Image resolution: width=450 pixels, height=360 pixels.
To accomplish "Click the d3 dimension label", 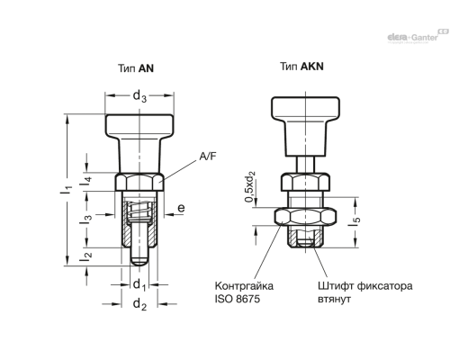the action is point(139,96).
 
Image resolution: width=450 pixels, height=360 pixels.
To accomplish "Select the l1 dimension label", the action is point(67,190).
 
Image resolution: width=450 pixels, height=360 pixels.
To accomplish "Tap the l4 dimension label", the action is point(85,182).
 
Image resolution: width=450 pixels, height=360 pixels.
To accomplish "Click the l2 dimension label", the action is point(85,256).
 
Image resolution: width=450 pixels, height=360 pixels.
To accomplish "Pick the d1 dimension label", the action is point(139,284).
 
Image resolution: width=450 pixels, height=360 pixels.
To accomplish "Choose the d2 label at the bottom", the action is point(139,304).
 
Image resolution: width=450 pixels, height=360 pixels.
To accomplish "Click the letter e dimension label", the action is point(181,208).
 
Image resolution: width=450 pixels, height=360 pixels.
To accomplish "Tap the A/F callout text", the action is point(208,157).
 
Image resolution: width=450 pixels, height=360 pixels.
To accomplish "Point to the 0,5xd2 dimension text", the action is point(250,186).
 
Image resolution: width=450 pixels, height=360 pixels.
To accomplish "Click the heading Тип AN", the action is point(136,68).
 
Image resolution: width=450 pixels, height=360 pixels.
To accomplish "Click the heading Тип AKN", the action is point(301,67).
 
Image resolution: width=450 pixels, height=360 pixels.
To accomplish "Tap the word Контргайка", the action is point(244,286).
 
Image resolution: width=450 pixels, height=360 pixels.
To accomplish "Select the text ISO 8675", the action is point(237,299).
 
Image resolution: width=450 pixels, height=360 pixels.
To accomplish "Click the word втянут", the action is point(334,300).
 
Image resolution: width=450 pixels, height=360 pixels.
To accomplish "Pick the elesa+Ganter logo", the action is point(418,36).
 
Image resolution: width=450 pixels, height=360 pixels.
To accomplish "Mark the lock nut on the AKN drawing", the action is point(305,217).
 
